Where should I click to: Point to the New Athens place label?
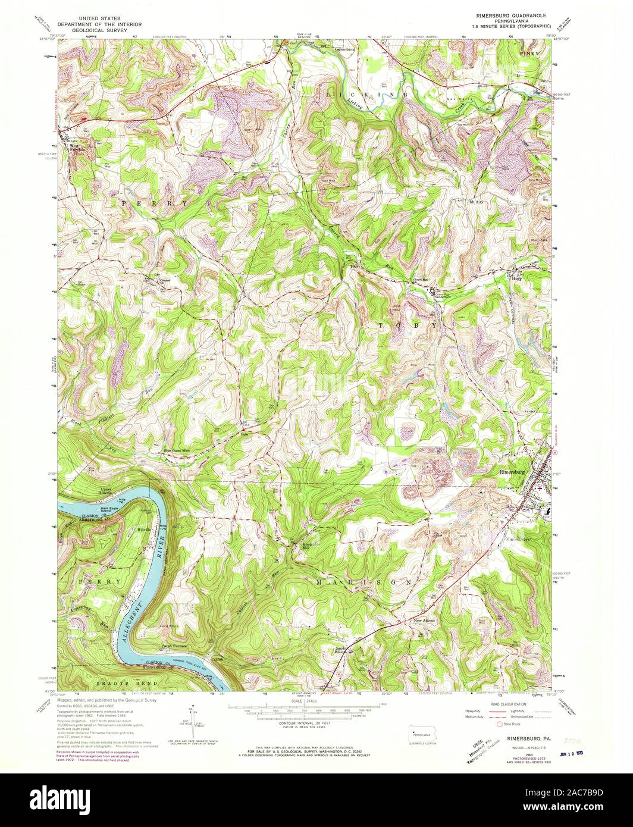425,621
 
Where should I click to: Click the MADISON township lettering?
363,581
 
